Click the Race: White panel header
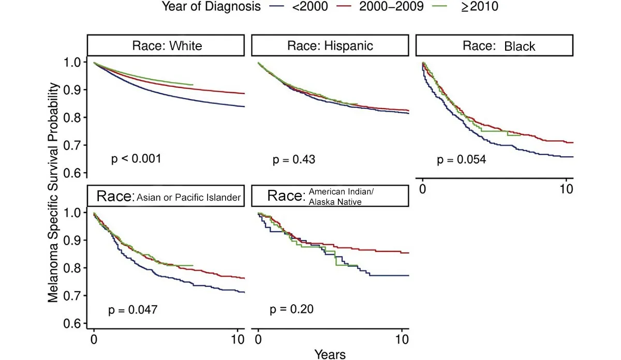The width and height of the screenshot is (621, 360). coord(166,46)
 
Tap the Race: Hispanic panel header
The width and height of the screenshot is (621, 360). coord(330,46)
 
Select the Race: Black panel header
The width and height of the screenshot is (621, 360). coord(494,46)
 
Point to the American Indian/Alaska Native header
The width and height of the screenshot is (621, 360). coord(330,197)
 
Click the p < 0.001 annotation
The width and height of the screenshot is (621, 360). coord(136,159)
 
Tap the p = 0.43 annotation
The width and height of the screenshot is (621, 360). coord(294,160)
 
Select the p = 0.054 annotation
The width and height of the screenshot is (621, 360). coord(461,160)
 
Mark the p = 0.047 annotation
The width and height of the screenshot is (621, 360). coord(132,310)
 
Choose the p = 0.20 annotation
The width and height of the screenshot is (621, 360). coord(291,310)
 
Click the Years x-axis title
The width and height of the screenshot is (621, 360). coord(330,354)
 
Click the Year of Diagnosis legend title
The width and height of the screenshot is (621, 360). coord(211,7)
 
